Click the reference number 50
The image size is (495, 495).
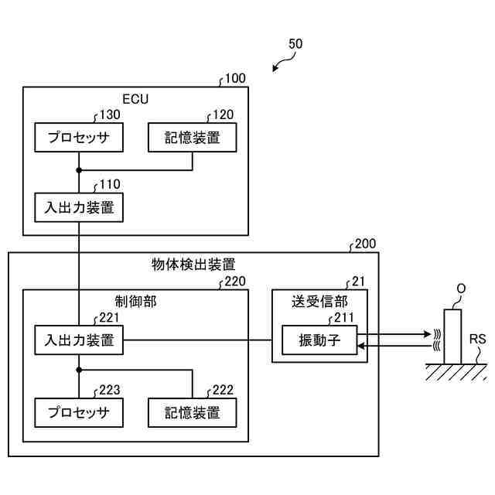(295, 44)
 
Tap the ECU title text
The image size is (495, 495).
(135, 99)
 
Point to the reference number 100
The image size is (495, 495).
(235, 78)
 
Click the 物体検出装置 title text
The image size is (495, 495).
(193, 265)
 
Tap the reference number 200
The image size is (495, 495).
(365, 244)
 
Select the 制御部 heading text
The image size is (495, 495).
(136, 302)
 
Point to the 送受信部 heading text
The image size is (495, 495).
(319, 302)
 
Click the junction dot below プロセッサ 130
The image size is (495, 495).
(79, 170)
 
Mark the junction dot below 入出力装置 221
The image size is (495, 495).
(79, 370)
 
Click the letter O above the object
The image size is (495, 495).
(461, 288)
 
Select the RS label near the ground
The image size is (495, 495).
(477, 340)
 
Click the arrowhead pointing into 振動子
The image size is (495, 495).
(361, 346)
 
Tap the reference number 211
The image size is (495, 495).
(344, 318)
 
